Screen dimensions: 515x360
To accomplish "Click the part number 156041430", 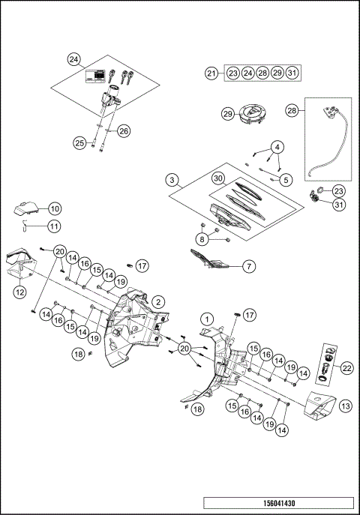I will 279,503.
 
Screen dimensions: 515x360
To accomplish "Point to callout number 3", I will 277,146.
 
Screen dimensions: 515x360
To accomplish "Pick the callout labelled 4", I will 284,179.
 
